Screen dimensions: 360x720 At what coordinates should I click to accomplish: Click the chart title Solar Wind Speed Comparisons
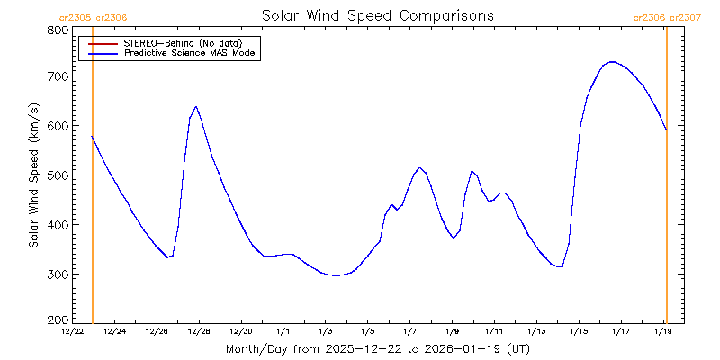[377, 15]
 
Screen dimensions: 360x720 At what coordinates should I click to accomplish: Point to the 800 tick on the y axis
[57, 30]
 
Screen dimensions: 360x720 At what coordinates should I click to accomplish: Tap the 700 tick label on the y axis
[57, 77]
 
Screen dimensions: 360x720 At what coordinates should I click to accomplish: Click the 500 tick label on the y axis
[57, 175]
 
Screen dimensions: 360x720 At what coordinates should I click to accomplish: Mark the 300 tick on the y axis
[57, 274]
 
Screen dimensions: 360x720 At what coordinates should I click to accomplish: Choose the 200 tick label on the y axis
[57, 319]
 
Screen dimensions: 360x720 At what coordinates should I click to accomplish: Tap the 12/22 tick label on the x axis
[73, 332]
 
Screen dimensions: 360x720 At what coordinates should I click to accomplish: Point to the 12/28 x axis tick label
[199, 332]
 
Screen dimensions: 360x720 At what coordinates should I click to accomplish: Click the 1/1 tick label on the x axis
[283, 332]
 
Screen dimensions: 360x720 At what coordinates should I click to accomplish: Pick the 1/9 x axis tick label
[452, 332]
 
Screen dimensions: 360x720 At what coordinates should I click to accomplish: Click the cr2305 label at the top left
[75, 16]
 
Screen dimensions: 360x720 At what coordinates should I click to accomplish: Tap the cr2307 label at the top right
[684, 16]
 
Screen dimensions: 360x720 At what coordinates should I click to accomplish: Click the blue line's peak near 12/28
[195, 107]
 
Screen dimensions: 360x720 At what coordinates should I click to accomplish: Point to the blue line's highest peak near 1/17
[612, 62]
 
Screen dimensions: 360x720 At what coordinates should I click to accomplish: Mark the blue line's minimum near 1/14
[560, 266]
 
